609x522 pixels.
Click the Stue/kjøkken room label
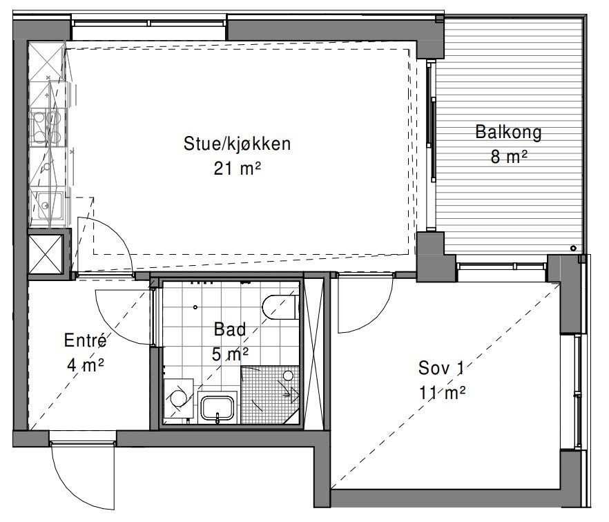[x=236, y=144]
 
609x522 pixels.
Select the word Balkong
[x=508, y=132]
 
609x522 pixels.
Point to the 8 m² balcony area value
[x=508, y=157]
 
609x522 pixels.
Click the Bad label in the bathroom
[x=230, y=330]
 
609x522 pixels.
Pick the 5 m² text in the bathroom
[x=230, y=354]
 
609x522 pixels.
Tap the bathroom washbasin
[x=218, y=407]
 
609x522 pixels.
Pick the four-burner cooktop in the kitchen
[x=47, y=126]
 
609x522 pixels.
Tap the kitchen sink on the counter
[x=46, y=204]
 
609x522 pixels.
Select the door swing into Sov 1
[x=362, y=304]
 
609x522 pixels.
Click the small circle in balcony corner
[x=573, y=248]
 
